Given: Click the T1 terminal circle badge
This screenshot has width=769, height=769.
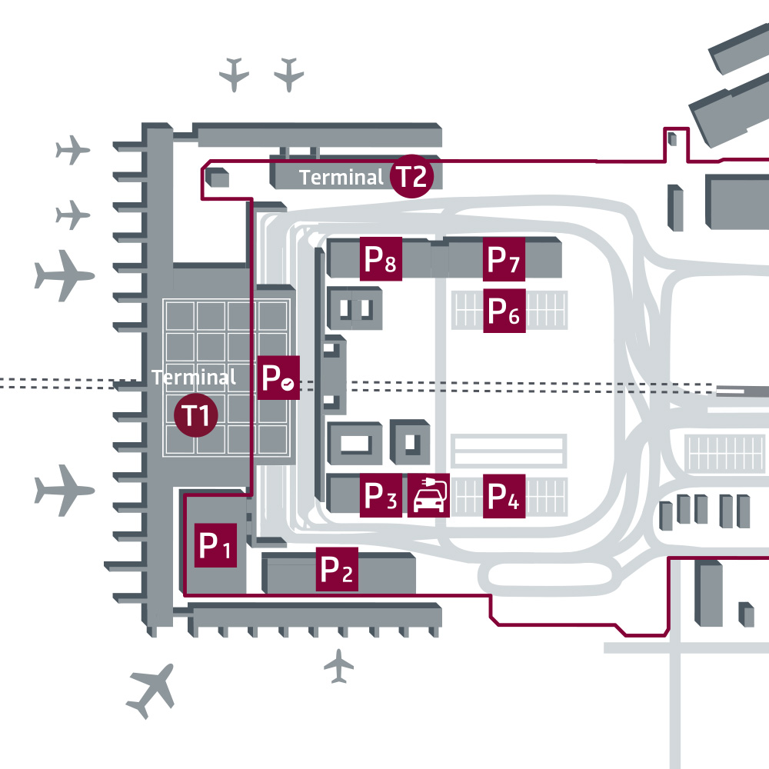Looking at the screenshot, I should (198, 416).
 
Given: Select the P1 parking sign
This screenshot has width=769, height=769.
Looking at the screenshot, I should (215, 546).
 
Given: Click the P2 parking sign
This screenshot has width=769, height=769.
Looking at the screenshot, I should (337, 570).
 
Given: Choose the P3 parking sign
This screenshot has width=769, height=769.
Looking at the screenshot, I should (381, 496).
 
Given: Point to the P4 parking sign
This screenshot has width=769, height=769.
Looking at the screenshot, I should (504, 497).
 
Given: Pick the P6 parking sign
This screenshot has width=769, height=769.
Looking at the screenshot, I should (504, 311).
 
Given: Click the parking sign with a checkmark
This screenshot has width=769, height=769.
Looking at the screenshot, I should (278, 378).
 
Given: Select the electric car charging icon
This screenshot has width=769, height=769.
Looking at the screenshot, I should (428, 496).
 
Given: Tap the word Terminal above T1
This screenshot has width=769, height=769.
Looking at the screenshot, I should (194, 378).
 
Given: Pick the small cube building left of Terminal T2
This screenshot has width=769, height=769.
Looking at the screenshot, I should (219, 178).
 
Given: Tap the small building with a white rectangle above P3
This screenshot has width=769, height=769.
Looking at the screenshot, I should (355, 443).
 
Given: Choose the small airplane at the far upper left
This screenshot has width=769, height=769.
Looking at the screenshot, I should (73, 149).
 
